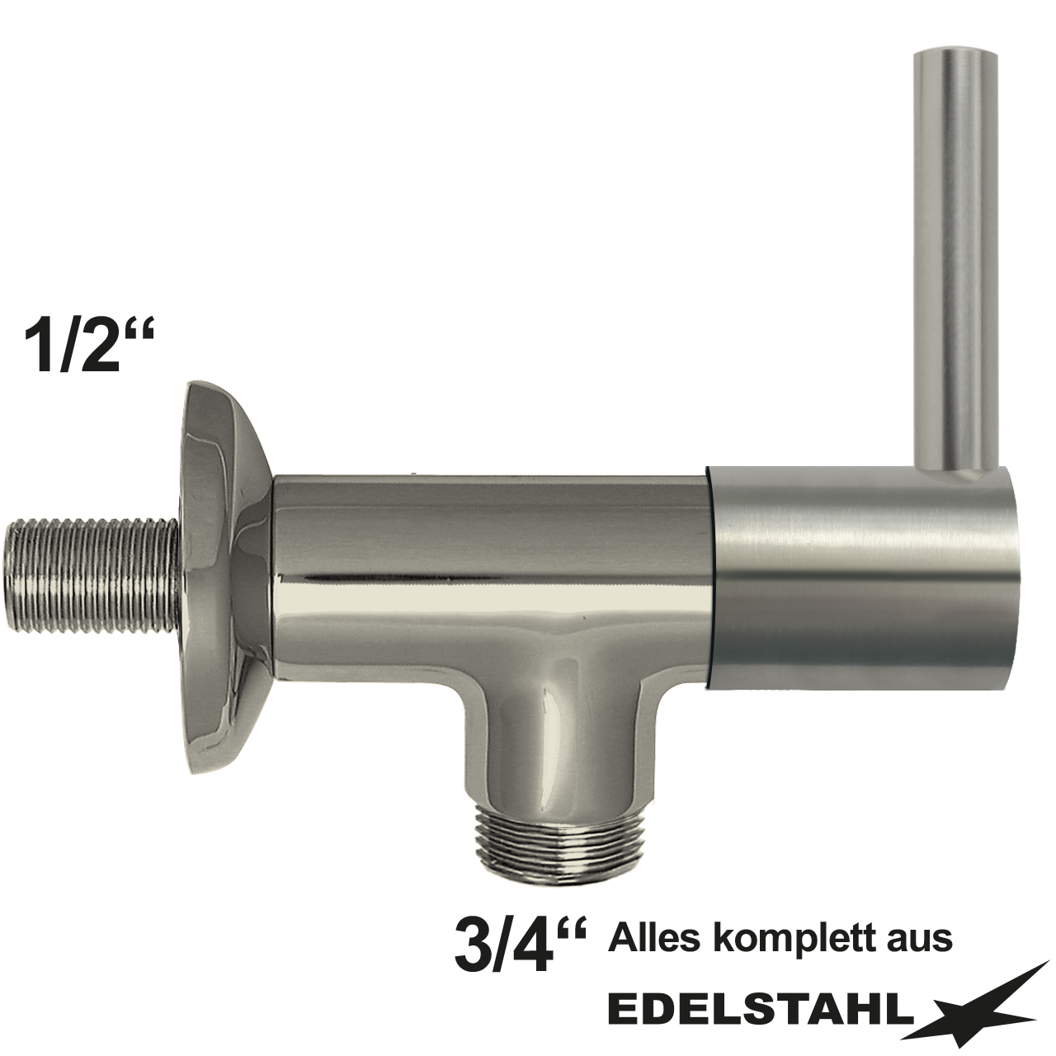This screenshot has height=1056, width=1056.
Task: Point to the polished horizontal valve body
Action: [x=487, y=561]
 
